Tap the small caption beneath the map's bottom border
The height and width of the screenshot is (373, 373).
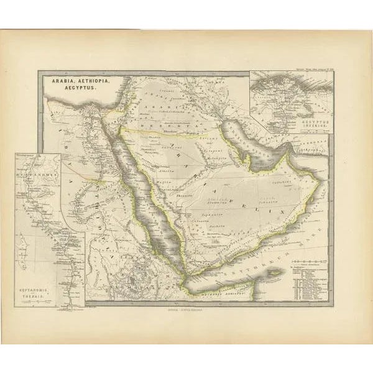(186, 308)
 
